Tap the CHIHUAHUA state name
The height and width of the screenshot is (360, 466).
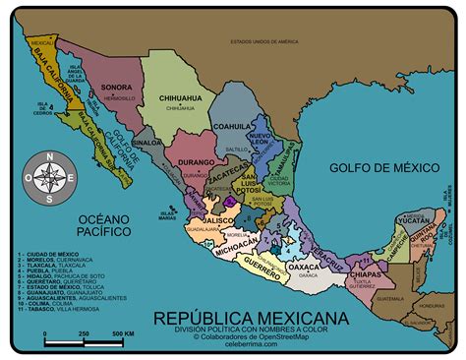[x=179, y=98]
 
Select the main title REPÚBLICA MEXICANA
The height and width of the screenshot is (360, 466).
[x=250, y=317]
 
